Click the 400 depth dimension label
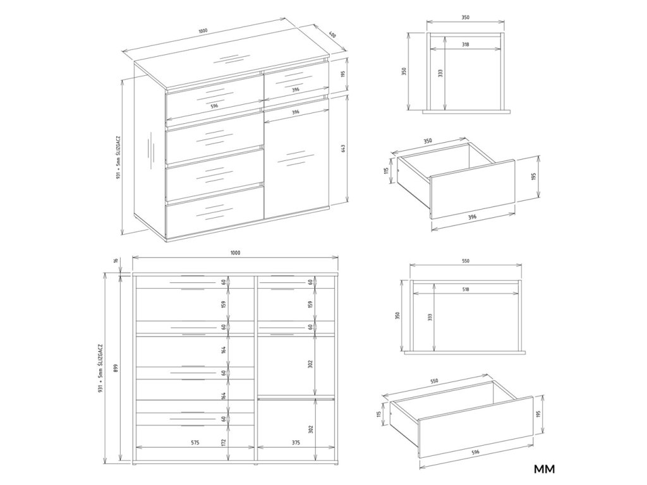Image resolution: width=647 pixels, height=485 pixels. click(332, 35)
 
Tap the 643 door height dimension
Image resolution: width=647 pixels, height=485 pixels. click(343, 148)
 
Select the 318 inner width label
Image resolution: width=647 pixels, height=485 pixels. click(466, 44)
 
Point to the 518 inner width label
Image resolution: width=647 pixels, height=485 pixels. click(466, 289)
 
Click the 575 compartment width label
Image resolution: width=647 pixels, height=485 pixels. click(195, 443)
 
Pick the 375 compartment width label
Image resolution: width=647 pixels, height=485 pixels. click(296, 443)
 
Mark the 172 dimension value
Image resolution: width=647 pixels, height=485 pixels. click(224, 443)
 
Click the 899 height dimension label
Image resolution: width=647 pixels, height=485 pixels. click(116, 368)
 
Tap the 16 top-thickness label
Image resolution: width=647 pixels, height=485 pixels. click(116, 260)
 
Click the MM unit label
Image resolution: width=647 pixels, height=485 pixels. click(545, 469)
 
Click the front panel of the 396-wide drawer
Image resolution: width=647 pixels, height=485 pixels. click(473, 189)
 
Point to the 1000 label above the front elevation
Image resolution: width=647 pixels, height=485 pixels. click(235, 253)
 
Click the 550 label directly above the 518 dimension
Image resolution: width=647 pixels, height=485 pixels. click(466, 261)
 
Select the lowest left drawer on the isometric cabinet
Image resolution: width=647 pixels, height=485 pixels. click(215, 213)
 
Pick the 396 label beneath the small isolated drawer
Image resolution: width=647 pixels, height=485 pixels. click(473, 217)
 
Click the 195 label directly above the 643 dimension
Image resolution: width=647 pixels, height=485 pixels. click(343, 75)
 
